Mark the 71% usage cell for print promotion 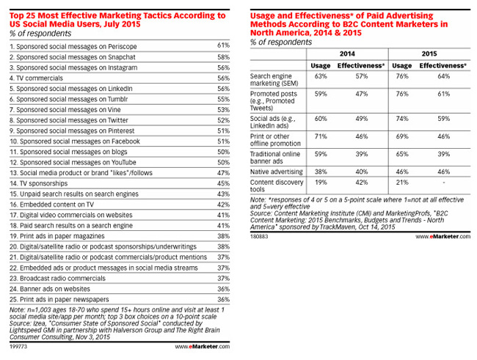tap(319, 136)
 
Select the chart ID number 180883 tap(260, 237)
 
